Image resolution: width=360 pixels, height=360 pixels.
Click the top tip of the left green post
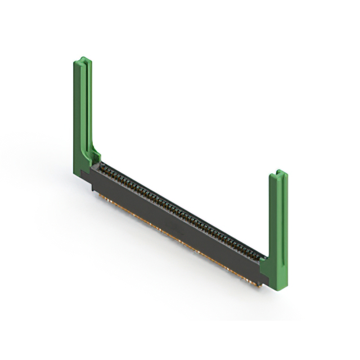click(83, 58)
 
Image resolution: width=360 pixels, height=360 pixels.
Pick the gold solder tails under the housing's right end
click(247, 278)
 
